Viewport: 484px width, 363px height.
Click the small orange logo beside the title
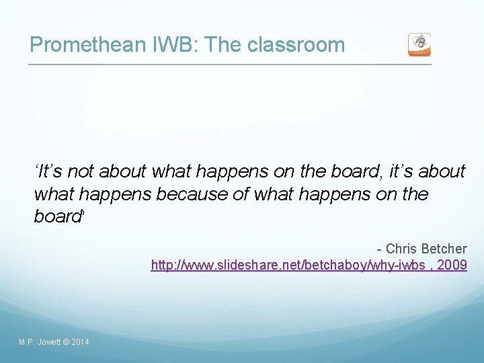pyautogui.click(x=419, y=44)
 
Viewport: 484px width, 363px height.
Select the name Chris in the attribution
pyautogui.click(x=401, y=249)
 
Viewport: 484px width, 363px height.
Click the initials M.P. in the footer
pyautogui.click(x=27, y=343)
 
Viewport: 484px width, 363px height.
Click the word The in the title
pyautogui.click(x=223, y=45)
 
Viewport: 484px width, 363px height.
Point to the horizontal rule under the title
pyautogui.click(x=229, y=65)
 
